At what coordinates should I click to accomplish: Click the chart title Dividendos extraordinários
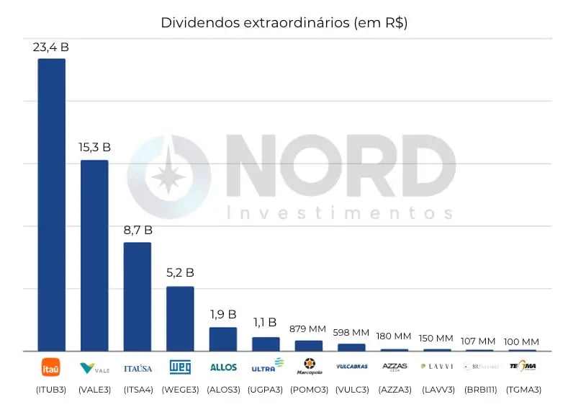point(284,22)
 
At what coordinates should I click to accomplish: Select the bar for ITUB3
point(52,205)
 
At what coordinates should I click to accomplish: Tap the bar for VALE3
point(94,255)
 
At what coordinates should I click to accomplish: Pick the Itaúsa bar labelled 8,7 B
point(138,296)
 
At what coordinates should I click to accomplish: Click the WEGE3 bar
point(180,318)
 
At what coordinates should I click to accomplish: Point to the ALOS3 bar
point(223,339)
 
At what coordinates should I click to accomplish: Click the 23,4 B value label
point(50,47)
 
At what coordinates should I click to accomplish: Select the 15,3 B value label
point(94,147)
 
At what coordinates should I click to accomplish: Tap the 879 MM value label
point(308,328)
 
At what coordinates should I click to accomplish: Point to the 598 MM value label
point(351,332)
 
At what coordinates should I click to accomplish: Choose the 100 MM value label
point(522,341)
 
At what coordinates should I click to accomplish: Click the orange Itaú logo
point(51,367)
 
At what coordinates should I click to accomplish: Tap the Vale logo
point(94,367)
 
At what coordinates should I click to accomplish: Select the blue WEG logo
point(180,367)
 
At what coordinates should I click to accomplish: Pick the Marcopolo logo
point(309,367)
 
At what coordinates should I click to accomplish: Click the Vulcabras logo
point(351,367)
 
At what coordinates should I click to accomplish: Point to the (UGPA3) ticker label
point(266,390)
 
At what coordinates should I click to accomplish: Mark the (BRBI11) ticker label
point(480,390)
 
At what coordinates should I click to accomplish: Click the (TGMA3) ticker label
point(523,390)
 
